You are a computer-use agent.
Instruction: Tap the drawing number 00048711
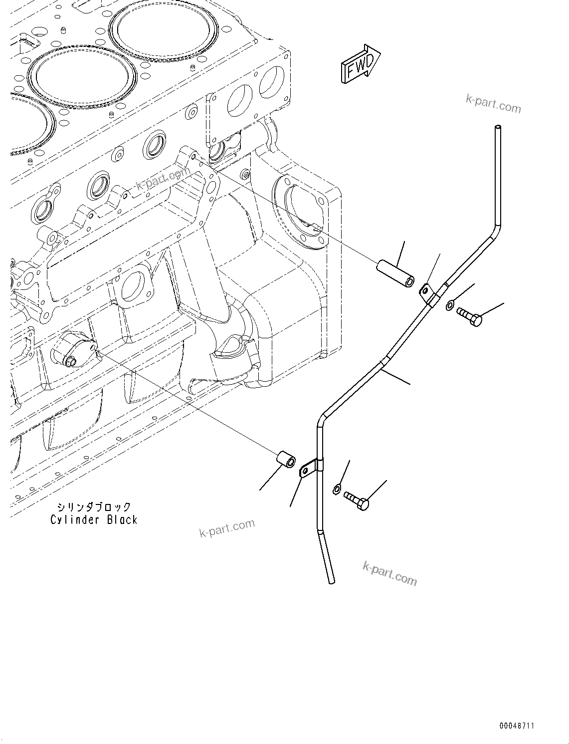tap(516, 726)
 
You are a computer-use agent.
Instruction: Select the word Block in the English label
tap(122, 520)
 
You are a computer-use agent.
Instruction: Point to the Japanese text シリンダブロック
tap(94, 507)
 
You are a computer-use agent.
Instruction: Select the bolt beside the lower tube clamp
tap(357, 500)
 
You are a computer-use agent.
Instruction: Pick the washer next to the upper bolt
tap(450, 305)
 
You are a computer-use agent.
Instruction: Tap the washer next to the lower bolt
tap(337, 489)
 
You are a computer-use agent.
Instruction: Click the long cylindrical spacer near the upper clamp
tap(395, 273)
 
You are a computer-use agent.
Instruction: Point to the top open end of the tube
tap(496, 129)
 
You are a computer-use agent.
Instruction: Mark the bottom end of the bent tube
tap(331, 580)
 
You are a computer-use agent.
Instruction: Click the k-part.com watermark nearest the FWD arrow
tap(493, 104)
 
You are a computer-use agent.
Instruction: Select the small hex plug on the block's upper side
tap(245, 174)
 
